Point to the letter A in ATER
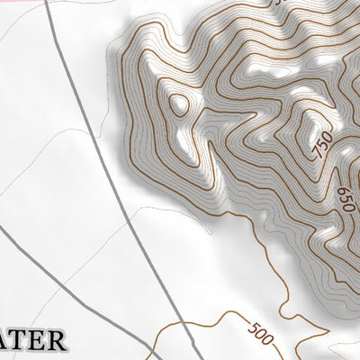[x=8, y=342]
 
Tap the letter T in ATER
[x=26, y=342]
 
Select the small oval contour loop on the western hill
[x=178, y=103]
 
